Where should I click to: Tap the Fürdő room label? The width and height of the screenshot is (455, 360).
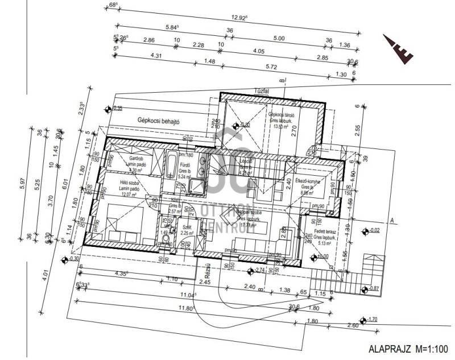click(x=184, y=169)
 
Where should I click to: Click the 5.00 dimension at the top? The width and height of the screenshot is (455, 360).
click(x=279, y=39)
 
